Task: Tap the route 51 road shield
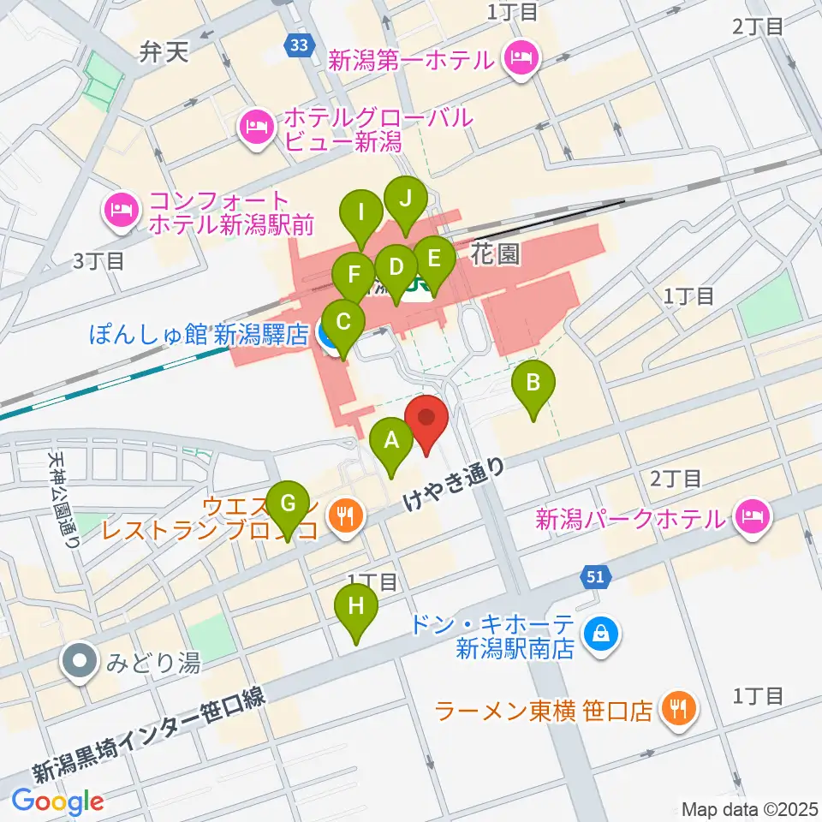[x=597, y=578]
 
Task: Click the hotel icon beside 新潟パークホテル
[x=752, y=516]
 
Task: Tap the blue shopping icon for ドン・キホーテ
[x=602, y=634]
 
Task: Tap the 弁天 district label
[x=164, y=54]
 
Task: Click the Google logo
[x=57, y=801]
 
